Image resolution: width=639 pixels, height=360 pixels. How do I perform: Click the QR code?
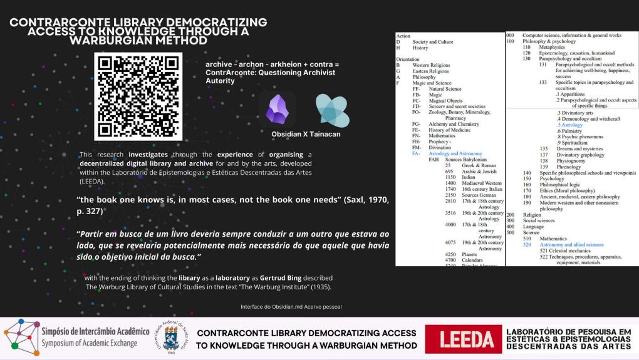click(138, 96)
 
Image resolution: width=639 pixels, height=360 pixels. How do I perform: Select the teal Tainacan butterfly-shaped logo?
click(332, 110)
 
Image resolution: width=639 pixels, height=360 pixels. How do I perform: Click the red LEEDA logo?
click(464, 339)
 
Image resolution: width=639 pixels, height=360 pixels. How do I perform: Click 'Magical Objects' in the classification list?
click(445, 101)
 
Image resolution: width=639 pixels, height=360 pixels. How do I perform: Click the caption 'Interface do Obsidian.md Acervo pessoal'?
click(291, 307)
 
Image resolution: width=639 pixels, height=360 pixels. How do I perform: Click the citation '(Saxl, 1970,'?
click(358, 200)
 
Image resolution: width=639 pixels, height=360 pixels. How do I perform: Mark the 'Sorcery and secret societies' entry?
click(457, 106)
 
